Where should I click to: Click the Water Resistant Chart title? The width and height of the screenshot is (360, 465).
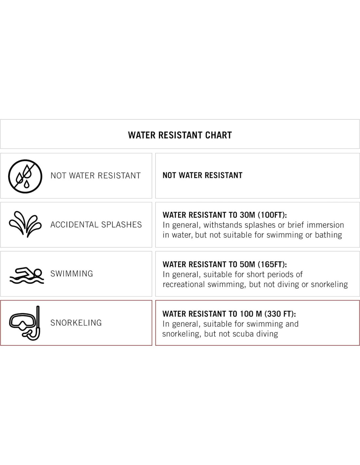(x=180, y=135)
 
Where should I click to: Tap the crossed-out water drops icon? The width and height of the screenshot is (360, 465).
(x=25, y=176)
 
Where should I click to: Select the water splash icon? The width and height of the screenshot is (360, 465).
(x=25, y=224)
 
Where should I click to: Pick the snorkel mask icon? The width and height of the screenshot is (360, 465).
(x=26, y=323)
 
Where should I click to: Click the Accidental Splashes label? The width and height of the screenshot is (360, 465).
(x=96, y=225)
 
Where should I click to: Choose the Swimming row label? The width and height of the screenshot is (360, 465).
(x=72, y=274)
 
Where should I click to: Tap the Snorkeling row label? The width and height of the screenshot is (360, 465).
(x=76, y=323)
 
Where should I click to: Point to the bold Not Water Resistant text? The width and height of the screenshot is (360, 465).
(x=202, y=175)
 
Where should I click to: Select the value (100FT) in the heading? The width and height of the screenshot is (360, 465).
(x=272, y=215)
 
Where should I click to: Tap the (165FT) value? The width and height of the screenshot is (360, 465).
(x=272, y=264)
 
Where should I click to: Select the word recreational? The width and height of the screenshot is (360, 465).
(x=184, y=284)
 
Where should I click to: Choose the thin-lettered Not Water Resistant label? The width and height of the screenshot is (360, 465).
(x=96, y=176)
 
